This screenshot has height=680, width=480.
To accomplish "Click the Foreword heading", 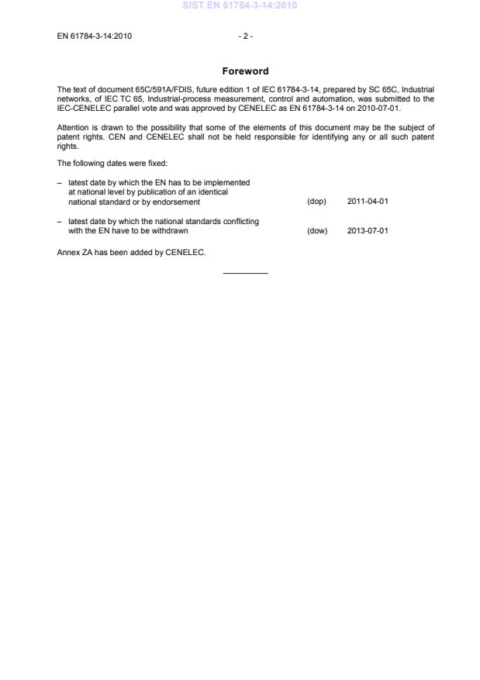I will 245,71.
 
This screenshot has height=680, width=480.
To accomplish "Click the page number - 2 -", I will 245,35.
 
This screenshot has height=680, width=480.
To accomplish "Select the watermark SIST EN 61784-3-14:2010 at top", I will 240,5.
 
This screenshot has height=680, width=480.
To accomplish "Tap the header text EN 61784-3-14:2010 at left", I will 95,35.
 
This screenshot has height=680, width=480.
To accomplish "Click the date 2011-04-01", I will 368,202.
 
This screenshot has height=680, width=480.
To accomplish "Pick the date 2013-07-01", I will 368,231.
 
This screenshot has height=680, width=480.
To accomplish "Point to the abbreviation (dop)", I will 316,202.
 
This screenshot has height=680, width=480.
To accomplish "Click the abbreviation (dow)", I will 317,231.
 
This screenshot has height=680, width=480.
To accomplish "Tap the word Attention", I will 74,127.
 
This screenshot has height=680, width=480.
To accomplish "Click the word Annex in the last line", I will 68,253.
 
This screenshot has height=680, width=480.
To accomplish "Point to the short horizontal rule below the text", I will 245,272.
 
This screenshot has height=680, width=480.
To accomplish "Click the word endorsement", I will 178,202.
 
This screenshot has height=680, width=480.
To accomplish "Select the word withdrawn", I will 170,231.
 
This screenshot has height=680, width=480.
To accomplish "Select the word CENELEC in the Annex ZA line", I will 185,253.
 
